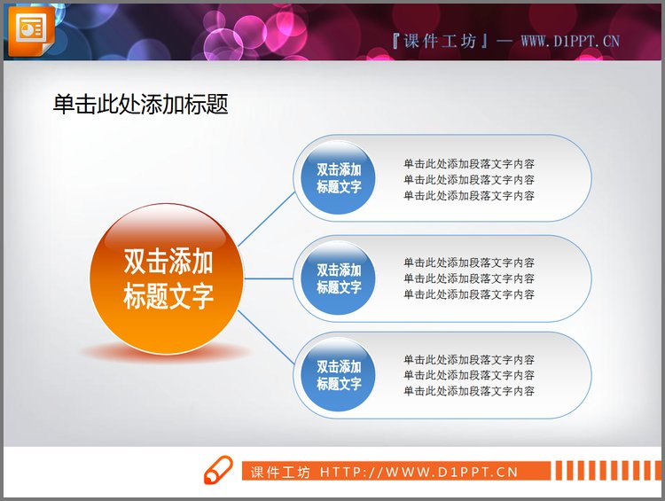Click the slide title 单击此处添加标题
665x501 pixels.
click(140, 105)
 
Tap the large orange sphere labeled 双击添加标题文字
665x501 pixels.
click(167, 278)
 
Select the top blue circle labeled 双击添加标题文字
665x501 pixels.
click(339, 178)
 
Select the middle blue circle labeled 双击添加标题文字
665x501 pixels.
click(339, 278)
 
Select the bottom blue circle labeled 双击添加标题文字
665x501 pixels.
click(339, 375)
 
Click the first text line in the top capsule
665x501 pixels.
click(468, 164)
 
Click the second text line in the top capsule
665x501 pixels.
click(468, 180)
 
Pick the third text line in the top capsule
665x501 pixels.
click(468, 196)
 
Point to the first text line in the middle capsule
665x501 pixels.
click(468, 262)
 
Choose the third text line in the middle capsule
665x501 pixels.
click(468, 294)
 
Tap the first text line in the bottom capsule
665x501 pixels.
click(468, 360)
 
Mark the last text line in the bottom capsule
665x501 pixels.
click(468, 391)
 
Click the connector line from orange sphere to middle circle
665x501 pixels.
click(270, 278)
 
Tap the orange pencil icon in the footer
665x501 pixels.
click(216, 472)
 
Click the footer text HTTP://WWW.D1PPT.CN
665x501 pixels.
click(419, 473)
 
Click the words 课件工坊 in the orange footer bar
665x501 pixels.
click(280, 473)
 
